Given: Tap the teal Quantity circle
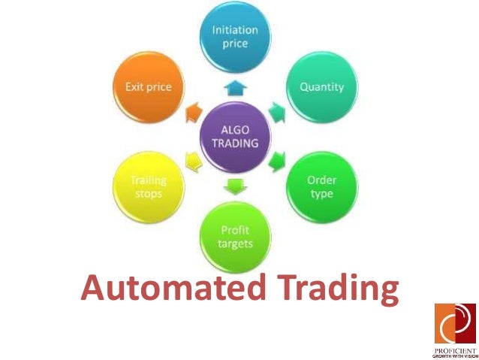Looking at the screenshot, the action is click(321, 87).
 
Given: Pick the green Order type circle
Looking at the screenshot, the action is click(321, 188).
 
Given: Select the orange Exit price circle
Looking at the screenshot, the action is click(149, 87).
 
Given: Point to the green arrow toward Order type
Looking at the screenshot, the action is click(277, 161).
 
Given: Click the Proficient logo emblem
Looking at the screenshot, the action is click(455, 322).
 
